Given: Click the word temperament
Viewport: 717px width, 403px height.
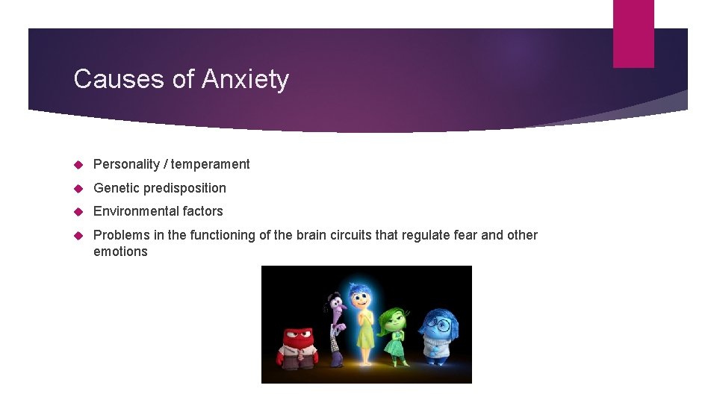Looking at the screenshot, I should [x=212, y=164].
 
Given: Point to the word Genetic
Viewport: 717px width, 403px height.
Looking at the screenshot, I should [x=116, y=188].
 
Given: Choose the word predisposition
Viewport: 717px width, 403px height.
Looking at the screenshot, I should [x=184, y=188].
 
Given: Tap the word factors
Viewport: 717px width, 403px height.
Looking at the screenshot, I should [x=202, y=211].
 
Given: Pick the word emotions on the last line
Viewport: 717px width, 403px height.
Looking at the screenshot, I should [x=120, y=252].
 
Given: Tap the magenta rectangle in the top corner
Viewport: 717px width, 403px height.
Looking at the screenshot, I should [x=633, y=34].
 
